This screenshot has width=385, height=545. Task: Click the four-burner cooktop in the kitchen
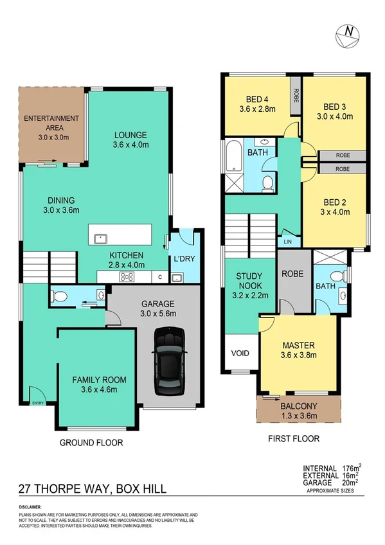(x=127, y=278)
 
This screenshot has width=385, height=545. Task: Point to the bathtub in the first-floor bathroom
(x=232, y=155)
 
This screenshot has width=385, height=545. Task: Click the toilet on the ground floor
(x=58, y=296)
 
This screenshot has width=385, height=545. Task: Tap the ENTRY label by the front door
(x=39, y=404)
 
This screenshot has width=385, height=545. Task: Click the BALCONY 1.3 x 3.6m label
(x=298, y=411)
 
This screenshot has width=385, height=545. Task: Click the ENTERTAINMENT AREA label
(x=51, y=123)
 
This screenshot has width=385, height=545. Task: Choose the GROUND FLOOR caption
(x=91, y=443)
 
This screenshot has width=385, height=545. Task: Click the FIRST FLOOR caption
(x=293, y=439)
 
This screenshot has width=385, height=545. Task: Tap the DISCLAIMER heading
(x=32, y=508)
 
